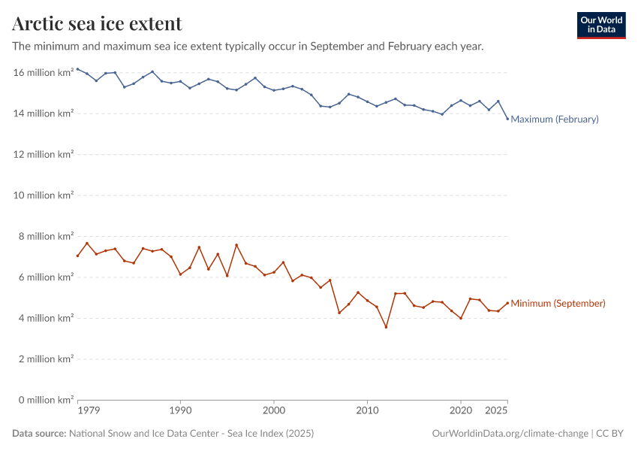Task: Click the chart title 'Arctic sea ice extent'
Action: [97, 24]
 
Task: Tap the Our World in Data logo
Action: [600, 25]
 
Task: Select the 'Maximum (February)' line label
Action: [554, 119]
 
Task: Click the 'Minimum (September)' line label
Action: [558, 304]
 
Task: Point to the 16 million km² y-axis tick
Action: [44, 73]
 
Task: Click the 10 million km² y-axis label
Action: [44, 195]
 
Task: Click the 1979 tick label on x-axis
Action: [89, 412]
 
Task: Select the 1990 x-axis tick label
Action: [180, 412]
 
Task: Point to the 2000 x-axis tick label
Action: [274, 412]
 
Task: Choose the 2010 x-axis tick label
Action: [367, 412]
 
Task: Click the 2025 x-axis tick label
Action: [496, 412]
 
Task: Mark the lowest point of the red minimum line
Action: [386, 327]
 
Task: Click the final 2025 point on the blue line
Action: [507, 119]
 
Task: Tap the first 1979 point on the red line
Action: [77, 256]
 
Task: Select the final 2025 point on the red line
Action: [507, 303]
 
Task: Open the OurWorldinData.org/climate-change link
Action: [510, 434]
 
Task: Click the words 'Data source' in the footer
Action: [39, 434]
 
